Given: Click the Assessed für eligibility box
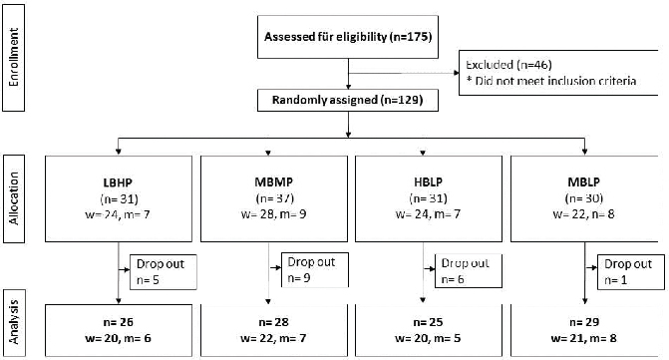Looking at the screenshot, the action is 348,37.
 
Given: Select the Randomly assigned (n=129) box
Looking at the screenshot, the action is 348,101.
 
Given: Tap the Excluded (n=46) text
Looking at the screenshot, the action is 508,65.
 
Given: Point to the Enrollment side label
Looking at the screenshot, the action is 14,58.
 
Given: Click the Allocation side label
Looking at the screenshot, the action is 14,198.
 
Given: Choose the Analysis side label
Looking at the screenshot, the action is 14,323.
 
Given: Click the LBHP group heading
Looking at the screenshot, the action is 119,182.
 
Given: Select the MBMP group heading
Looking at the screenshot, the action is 274,182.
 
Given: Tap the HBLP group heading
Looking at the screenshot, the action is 429,182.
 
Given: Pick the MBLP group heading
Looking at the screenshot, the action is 583,182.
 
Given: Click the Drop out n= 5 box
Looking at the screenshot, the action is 163,272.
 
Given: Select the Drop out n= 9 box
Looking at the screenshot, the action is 315,270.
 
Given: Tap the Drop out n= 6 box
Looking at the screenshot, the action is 468,271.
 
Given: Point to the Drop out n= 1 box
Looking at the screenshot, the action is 630,272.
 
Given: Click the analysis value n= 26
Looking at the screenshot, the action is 119,322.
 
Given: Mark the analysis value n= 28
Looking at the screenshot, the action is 273,322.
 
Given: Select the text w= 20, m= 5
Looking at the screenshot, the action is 429,339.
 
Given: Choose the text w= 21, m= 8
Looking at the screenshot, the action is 583,339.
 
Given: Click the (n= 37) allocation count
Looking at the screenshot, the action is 274,198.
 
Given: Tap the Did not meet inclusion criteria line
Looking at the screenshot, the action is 551,81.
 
